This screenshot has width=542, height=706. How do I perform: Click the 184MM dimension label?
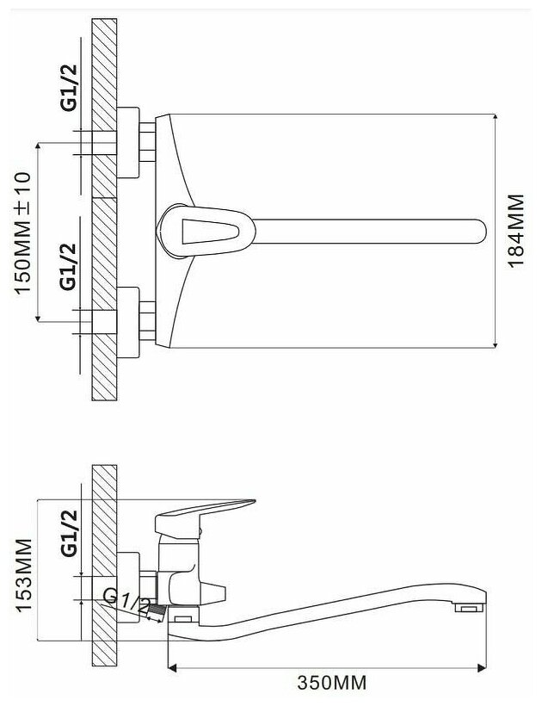point(516,231)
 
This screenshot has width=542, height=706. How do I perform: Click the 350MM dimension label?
point(331,683)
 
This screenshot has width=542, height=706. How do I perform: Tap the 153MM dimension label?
point(24,574)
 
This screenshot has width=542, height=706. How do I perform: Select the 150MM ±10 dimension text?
point(23,232)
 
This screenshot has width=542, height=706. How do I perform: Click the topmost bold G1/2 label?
point(69,88)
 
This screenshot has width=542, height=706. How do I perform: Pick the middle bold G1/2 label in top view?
point(69,267)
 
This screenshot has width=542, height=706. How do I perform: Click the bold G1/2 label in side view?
point(69,534)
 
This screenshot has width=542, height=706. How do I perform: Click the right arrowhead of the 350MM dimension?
point(482,668)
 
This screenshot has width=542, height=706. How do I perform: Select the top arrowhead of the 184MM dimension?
point(496,117)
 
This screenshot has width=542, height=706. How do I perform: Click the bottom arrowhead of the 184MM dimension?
point(496,344)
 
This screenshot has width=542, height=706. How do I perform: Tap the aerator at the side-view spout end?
point(469,609)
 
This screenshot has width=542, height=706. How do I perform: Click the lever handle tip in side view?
point(250,502)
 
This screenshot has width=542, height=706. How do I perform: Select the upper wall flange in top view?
point(128,142)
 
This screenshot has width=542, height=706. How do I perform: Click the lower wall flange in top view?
point(128,322)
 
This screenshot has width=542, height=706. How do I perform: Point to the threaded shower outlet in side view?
point(156,612)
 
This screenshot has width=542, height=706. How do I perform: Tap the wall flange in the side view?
point(128,587)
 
